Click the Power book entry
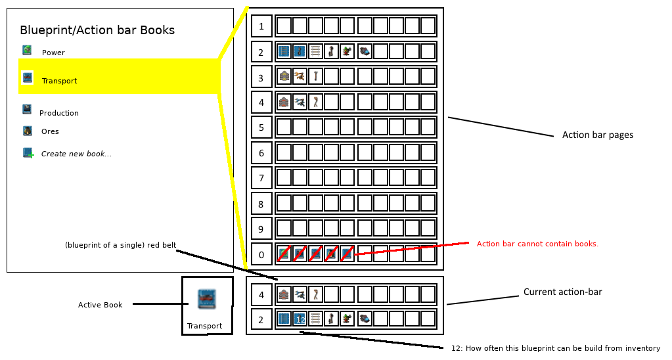pos(53,53)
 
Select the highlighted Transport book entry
pos(59,81)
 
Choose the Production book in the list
pos(58,113)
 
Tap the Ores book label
pos(50,131)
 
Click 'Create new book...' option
pos(76,154)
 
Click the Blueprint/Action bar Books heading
pos(97,30)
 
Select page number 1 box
pos(261,26)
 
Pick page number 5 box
pos(261,127)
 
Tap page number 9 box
pos(261,229)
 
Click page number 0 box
pos(261,254)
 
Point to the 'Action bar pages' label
pos(597,135)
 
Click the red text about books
pos(537,244)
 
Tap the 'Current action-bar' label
pos(562,292)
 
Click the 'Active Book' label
pos(100,305)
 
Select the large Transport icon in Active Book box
pos(207,299)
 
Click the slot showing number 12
pos(300,319)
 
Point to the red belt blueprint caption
pos(120,245)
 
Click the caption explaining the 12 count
pos(555,348)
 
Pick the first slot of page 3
pos(284,76)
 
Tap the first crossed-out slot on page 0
pos(284,254)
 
